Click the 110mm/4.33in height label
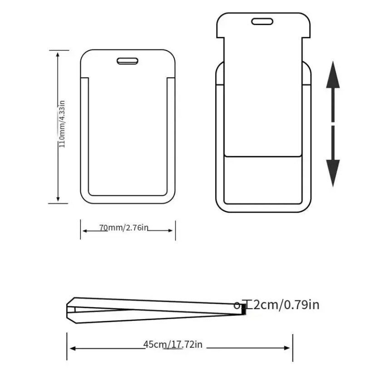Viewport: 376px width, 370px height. coord(62,124)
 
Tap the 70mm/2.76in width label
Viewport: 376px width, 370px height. coord(124,227)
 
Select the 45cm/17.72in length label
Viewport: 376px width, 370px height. coord(173,345)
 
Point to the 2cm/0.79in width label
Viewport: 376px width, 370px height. coord(287,305)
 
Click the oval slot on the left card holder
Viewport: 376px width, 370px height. coord(127,61)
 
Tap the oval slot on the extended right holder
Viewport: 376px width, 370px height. coord(262,21)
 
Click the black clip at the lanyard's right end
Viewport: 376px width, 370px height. coord(244,309)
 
